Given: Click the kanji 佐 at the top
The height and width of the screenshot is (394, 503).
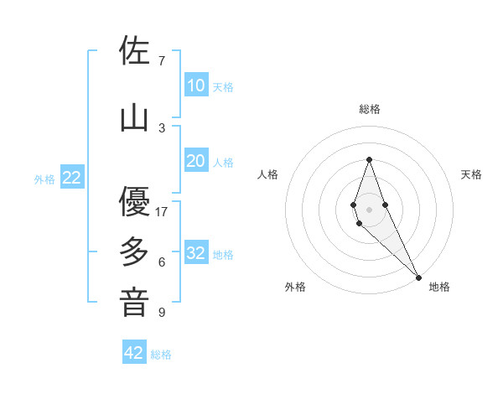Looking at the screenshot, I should (x=134, y=50).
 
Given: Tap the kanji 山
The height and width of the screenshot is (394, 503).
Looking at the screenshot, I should (x=134, y=117).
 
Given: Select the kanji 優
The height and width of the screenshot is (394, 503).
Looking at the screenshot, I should (x=134, y=201).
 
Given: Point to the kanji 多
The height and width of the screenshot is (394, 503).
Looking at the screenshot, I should (x=134, y=251).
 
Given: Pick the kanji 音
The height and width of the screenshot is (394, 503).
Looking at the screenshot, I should (x=134, y=302).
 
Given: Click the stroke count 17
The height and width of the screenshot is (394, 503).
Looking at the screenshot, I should (x=162, y=211).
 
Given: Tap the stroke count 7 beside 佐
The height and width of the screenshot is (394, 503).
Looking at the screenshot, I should (x=162, y=60).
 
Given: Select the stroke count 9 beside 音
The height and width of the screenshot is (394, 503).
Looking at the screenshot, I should (x=162, y=313).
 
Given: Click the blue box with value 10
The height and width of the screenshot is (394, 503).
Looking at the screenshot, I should (x=195, y=86).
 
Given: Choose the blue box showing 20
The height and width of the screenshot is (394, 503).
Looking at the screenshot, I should (x=195, y=161).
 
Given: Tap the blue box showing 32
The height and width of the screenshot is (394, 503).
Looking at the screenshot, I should (x=195, y=253).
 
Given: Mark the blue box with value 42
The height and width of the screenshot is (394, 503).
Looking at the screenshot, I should (x=134, y=353).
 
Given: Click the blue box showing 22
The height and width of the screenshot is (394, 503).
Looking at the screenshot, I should (x=72, y=178).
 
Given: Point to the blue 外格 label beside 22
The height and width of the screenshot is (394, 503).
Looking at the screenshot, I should (x=44, y=179).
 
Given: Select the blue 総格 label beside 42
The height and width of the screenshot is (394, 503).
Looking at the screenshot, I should (x=161, y=355).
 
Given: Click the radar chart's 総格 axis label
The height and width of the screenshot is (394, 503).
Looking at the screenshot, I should (x=370, y=109).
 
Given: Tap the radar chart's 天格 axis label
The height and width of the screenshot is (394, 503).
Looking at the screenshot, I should (x=471, y=174).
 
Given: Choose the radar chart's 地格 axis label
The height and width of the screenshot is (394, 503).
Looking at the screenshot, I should (x=439, y=287).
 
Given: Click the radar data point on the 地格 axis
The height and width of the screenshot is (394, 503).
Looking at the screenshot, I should (x=418, y=276).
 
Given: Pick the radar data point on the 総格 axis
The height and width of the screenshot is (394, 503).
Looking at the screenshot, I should (x=369, y=159).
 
